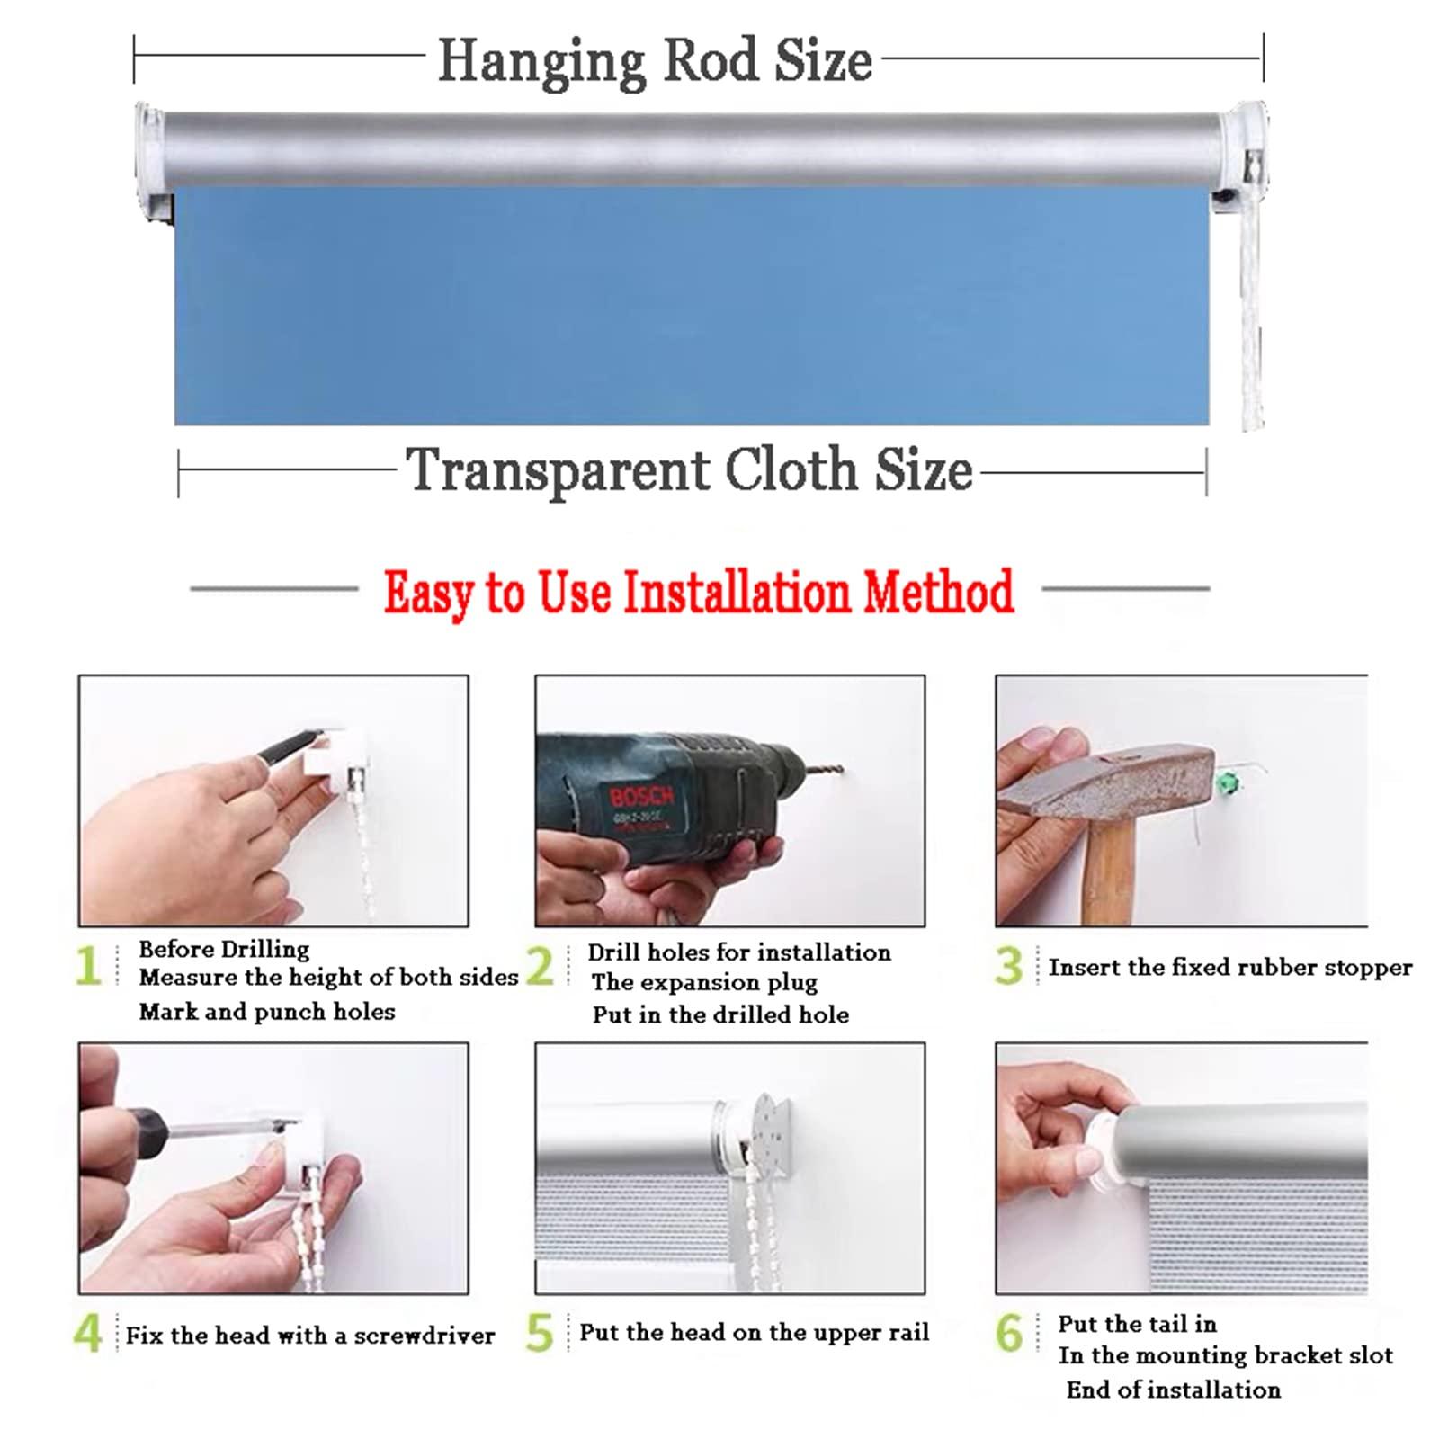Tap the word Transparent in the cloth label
point(558,470)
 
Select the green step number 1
point(88,967)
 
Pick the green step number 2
point(540,967)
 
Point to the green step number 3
point(1009,967)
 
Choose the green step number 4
point(87,1334)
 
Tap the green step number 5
point(540,1334)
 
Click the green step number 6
point(1009,1334)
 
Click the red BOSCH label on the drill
point(641,796)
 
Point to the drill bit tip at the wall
point(842,770)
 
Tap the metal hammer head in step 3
point(1106,779)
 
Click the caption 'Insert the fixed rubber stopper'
point(1229,968)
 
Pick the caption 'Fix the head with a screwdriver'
point(310,1336)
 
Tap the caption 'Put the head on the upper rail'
point(754,1332)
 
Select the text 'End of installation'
point(1173,1390)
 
